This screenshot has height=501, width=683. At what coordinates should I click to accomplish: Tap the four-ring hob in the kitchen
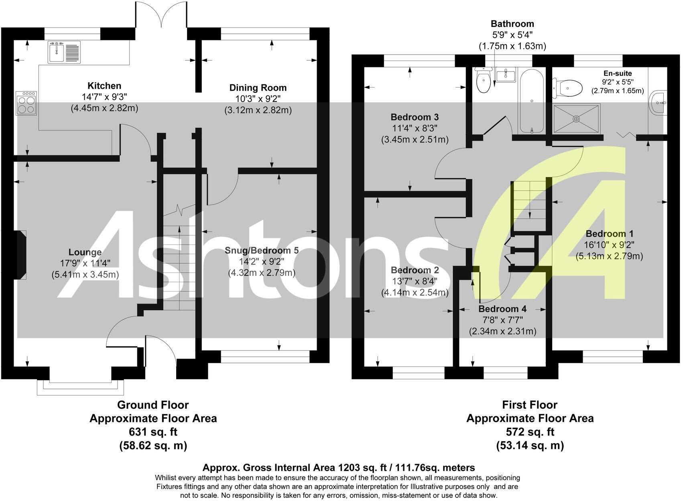point(26,103)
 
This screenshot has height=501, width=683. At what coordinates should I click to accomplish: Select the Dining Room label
point(258,88)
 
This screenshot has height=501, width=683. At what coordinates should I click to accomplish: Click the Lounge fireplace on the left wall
point(20,255)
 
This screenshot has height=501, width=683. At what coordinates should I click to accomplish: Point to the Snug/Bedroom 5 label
point(261,250)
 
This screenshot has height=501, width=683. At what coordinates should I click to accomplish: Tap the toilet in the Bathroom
point(483,80)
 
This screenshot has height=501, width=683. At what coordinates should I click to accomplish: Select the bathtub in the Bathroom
point(531,100)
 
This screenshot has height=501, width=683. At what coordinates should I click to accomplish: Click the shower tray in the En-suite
point(577,118)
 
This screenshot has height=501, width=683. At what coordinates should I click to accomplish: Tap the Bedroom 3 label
point(415,117)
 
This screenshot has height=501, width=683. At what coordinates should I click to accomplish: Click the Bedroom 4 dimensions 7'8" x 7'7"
point(502,320)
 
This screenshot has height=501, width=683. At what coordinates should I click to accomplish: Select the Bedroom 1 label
point(609,234)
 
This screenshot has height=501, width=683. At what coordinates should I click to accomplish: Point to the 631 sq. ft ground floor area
point(152,432)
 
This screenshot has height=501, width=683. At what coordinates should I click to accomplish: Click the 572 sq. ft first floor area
point(530,432)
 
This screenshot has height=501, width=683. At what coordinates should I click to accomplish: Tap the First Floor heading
point(530,405)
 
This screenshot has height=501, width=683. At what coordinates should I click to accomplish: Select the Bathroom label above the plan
point(512,24)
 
